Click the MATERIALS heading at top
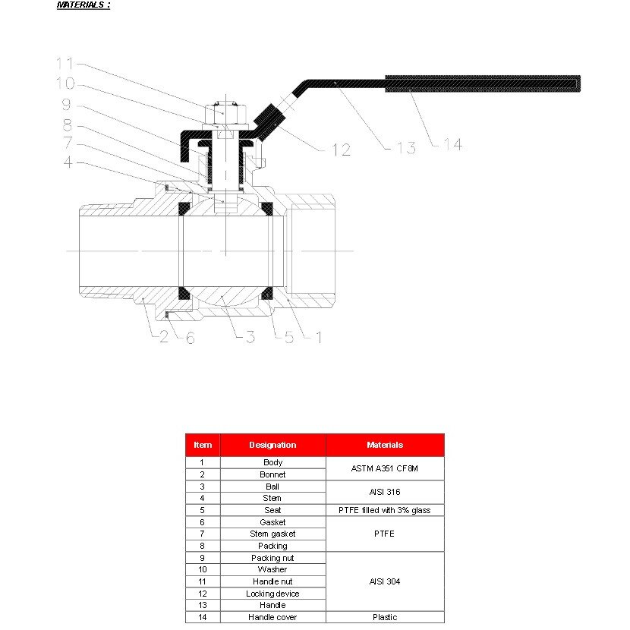point(83,5)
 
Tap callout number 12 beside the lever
point(341,150)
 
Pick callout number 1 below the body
point(318,337)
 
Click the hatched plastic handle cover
point(483,83)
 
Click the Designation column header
point(272,445)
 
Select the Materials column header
point(385,445)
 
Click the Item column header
point(203,445)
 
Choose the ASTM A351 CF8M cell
point(385,468)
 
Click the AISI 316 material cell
point(385,492)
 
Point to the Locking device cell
point(272,594)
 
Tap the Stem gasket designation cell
point(272,534)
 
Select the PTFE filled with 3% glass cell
point(385,510)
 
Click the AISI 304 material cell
point(385,581)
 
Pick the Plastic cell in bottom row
point(385,617)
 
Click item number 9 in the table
point(202,558)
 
